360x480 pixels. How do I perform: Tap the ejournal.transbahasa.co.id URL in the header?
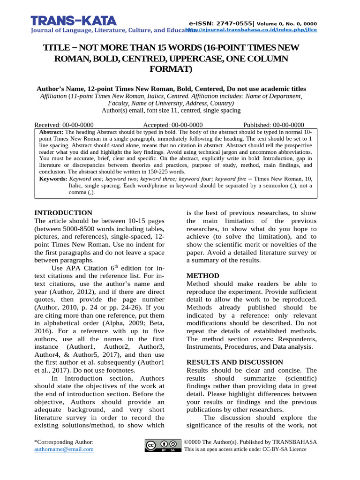(254, 30)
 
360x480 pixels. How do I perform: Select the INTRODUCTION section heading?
(64, 213)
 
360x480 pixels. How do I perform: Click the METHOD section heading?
(203, 276)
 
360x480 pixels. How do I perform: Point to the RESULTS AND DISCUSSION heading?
(235, 362)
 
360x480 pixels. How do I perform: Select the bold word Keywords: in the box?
(53, 179)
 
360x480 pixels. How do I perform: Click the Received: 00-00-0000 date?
(64, 125)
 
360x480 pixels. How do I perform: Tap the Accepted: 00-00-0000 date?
(173, 125)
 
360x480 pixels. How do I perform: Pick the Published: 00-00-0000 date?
(274, 125)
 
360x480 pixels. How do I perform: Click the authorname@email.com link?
(64, 449)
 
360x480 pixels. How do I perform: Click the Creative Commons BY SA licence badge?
(163, 445)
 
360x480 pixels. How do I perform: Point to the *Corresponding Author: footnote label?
(64, 442)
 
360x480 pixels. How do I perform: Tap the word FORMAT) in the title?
(171, 69)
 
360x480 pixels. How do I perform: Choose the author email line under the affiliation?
(171, 111)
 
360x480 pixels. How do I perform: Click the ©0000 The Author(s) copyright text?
(251, 442)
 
